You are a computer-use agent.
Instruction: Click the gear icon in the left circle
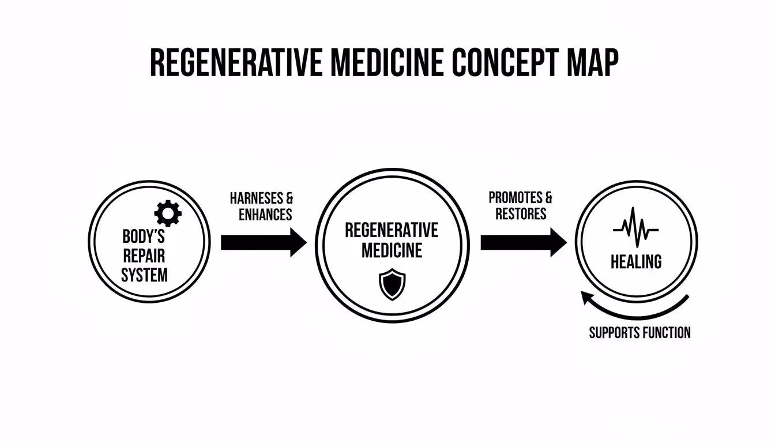[168, 214]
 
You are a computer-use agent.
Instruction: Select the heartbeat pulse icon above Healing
[635, 227]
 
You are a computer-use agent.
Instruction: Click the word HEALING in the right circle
[636, 262]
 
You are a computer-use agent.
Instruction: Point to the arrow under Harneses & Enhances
[263, 242]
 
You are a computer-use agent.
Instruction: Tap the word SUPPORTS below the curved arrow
[615, 333]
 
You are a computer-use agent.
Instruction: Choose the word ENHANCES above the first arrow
[265, 215]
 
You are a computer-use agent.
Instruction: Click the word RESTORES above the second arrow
[521, 214]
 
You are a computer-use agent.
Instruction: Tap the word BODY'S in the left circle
[144, 237]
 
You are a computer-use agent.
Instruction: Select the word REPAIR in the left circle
[144, 256]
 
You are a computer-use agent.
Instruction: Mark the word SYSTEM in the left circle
[144, 275]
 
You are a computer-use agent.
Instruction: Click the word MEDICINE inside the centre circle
[392, 250]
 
